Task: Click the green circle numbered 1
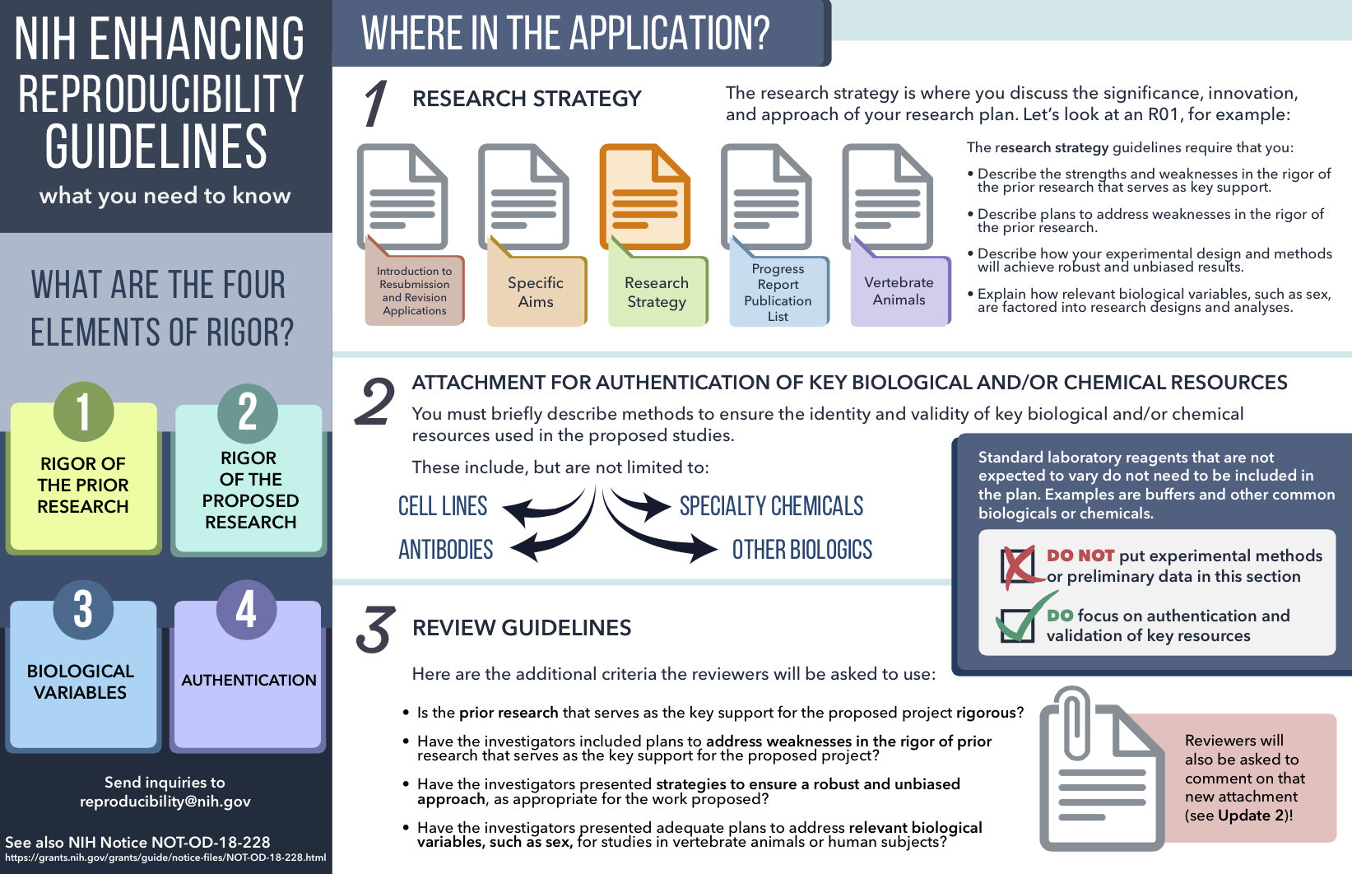point(83,411)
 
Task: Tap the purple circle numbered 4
point(246,610)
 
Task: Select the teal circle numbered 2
point(248,413)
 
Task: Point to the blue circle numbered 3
point(83,610)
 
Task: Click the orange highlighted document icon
point(644,197)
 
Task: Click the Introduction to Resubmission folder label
point(415,289)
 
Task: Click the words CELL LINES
point(443,506)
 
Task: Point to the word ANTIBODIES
point(445,549)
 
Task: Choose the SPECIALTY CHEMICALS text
point(771,506)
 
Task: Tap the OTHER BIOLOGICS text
point(802,549)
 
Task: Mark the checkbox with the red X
point(1018,565)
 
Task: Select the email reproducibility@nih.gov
point(165,801)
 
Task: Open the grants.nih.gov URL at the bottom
point(165,857)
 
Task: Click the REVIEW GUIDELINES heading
point(522,628)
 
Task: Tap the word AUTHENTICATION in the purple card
point(249,680)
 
